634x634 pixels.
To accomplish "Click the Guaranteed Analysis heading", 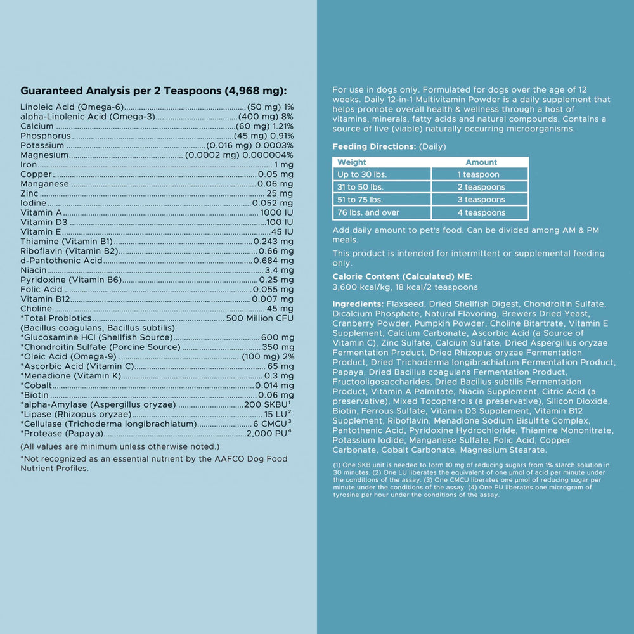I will (153, 91).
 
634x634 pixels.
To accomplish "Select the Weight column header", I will (352, 162).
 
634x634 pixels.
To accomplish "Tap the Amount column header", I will (481, 162).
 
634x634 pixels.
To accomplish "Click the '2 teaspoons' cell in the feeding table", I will (481, 187).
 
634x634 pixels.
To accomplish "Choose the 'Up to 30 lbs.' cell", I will (362, 174).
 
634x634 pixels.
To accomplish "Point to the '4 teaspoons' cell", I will (481, 212).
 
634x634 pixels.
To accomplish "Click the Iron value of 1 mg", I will (283, 165).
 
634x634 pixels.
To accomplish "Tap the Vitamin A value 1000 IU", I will (277, 213).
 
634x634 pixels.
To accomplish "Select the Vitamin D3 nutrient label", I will (44, 223).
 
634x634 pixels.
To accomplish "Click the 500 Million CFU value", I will (260, 318).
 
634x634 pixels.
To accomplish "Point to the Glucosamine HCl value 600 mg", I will (277, 337).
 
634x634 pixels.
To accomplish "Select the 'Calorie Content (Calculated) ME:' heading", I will (402, 276).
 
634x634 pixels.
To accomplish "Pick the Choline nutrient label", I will (36, 309).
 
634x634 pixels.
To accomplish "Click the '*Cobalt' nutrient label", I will (37, 385).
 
